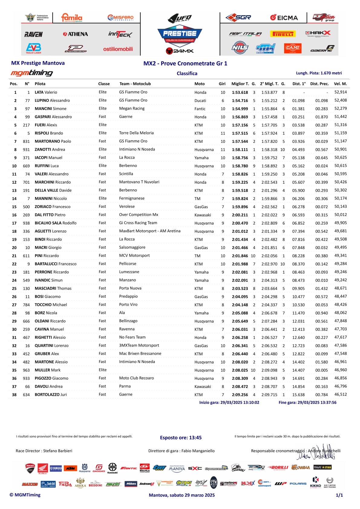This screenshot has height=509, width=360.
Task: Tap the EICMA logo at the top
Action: click(284, 18)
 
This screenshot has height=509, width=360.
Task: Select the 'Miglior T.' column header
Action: click(240, 84)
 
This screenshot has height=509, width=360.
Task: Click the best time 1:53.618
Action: click(240, 93)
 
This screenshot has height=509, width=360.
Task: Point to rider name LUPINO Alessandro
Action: click(52, 100)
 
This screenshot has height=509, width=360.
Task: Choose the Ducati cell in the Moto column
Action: click(200, 101)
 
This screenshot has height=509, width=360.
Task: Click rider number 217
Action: click(26, 125)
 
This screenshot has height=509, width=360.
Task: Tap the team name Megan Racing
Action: click(132, 108)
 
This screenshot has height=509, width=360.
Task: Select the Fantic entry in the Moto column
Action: click(200, 109)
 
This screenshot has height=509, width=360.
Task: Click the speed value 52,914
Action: click(341, 92)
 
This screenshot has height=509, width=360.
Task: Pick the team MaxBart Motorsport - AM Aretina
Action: click(150, 231)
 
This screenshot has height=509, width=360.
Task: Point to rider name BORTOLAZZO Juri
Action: click(51, 395)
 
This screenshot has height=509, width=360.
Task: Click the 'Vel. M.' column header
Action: click(340, 84)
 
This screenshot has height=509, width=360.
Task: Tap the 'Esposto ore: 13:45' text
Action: click(181, 438)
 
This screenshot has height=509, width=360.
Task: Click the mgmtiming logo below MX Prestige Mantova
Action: click(32, 73)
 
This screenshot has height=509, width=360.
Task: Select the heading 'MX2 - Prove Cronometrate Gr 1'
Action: click(185, 64)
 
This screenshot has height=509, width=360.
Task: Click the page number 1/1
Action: click(339, 495)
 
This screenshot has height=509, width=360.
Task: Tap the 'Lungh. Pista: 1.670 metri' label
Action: click(319, 73)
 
